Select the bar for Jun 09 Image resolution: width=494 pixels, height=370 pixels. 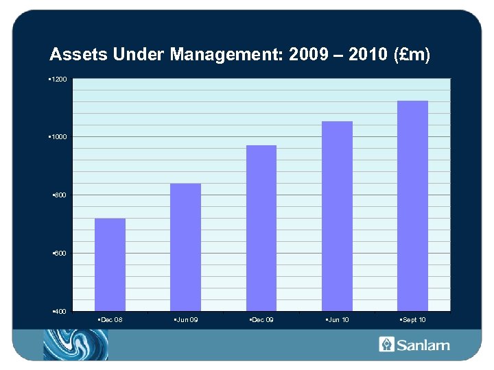pyautogui.click(x=185, y=247)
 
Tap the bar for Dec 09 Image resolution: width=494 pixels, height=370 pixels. pyautogui.click(x=261, y=227)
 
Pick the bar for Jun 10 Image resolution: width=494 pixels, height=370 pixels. pyautogui.click(x=337, y=216)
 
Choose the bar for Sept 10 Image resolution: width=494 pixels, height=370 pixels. pyautogui.click(x=412, y=206)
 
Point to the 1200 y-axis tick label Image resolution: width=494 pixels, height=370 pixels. pyautogui.click(x=59, y=80)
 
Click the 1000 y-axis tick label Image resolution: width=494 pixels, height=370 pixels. pyautogui.click(x=59, y=138)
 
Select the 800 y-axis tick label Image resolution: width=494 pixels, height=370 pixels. pyautogui.click(x=60, y=196)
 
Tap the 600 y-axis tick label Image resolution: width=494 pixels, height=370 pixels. pyautogui.click(x=60, y=254)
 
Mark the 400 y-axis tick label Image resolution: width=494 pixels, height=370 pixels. pyautogui.click(x=60, y=312)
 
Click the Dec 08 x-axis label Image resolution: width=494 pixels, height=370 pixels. pyautogui.click(x=111, y=320)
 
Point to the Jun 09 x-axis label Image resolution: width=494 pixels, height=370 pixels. pyautogui.click(x=187, y=320)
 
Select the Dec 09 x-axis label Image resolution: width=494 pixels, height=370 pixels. pyautogui.click(x=262, y=320)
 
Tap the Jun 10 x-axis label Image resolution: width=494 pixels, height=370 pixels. pyautogui.click(x=338, y=320)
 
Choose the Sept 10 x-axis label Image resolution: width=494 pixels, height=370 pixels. pyautogui.click(x=413, y=320)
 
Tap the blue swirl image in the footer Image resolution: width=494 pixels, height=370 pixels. pyautogui.click(x=75, y=344)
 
